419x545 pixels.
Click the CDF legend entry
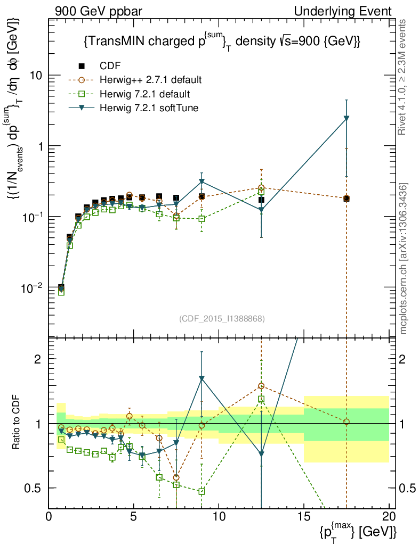(x=106, y=66)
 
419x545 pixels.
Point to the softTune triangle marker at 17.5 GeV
(x=347, y=118)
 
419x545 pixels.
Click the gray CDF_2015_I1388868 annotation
(x=221, y=318)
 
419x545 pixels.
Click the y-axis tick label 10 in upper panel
(x=36, y=75)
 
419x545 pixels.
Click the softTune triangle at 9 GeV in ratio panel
(x=202, y=378)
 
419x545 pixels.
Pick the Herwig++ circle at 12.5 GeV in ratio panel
(x=261, y=386)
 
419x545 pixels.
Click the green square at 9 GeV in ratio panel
(x=202, y=491)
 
